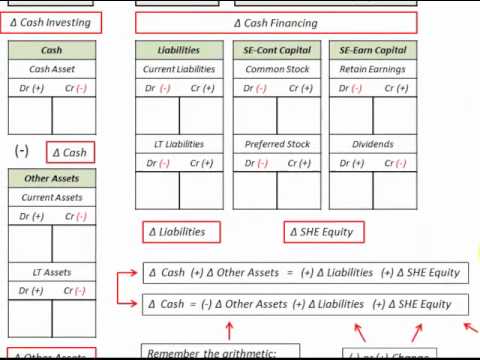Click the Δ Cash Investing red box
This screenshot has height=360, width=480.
point(51,22)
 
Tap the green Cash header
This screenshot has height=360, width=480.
point(52,50)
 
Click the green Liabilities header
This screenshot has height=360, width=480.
point(179,50)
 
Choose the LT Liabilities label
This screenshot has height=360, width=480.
point(179,144)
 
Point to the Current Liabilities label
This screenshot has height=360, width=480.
point(179,69)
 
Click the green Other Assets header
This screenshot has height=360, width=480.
point(52,179)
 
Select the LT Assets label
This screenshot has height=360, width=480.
point(52,272)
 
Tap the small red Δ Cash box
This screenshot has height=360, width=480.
point(69,152)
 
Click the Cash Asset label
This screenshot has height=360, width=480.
point(52,69)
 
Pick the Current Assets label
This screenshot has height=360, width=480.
point(52,198)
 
